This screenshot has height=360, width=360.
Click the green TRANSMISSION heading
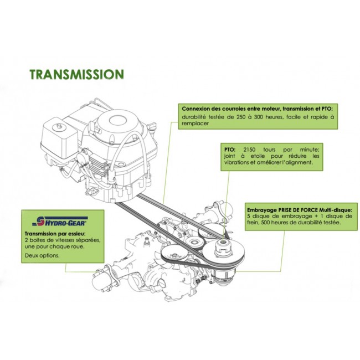(77, 74)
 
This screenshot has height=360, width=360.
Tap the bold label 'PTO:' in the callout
(230, 150)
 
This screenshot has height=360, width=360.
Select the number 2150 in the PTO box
(249, 150)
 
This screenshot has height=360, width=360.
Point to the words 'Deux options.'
(42, 255)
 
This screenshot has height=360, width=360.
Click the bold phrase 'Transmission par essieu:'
(55, 234)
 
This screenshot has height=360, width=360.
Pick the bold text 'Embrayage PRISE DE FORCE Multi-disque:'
(300, 210)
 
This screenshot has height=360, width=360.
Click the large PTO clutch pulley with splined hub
(224, 253)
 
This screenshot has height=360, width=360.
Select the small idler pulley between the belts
(194, 243)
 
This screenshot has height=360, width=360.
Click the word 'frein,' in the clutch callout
(253, 223)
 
